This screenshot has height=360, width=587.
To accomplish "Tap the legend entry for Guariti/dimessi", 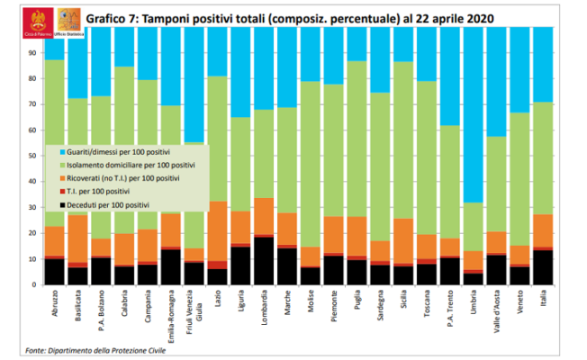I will click(x=113, y=153).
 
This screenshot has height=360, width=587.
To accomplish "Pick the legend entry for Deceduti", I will click(x=108, y=206).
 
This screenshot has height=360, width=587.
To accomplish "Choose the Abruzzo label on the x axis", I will click(x=55, y=307).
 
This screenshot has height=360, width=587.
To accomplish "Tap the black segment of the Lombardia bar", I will click(x=265, y=261).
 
